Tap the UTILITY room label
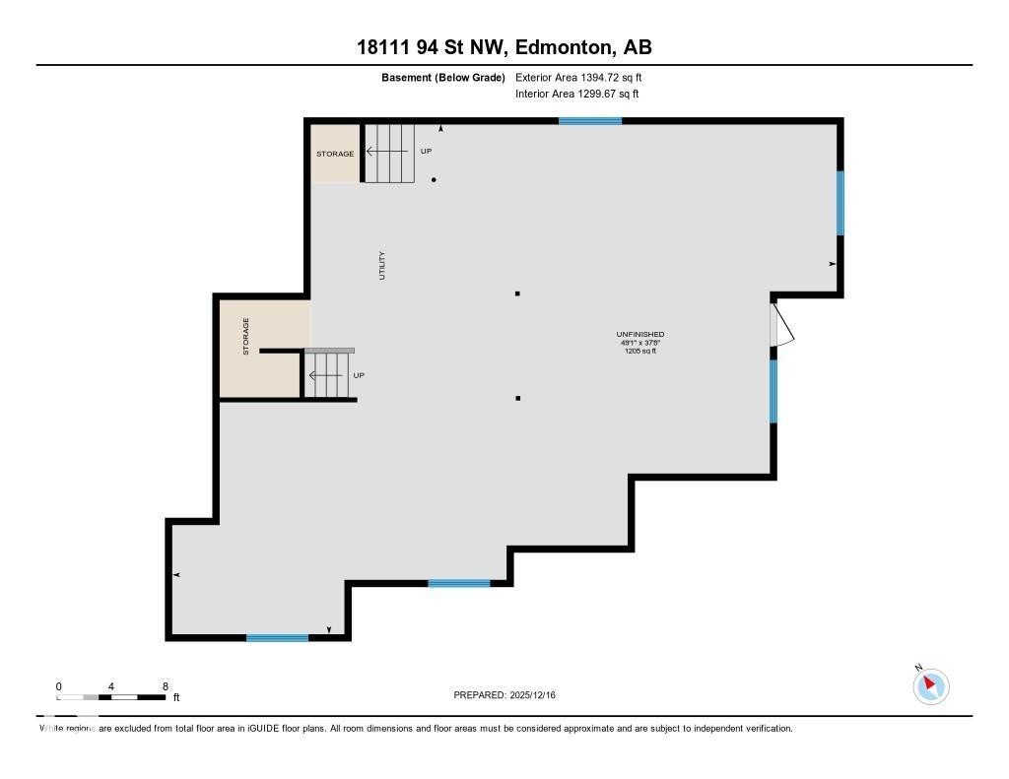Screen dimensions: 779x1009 point(382,266)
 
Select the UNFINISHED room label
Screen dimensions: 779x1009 point(640,334)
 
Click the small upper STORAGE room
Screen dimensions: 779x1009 point(335,154)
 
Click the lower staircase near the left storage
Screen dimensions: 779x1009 point(328,374)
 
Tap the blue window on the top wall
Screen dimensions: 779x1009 point(589,120)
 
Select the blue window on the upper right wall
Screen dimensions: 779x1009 point(840,203)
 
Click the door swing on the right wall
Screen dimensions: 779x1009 point(780,325)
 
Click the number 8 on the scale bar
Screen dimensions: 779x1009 point(166,685)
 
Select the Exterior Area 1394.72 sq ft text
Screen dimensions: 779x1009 point(578,77)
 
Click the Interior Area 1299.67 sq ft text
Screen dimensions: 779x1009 point(576,94)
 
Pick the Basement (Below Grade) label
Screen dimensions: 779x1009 point(442,77)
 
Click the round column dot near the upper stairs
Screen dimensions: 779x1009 point(434,179)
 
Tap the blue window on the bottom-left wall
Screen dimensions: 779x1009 point(277,637)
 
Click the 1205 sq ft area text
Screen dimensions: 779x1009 point(640,351)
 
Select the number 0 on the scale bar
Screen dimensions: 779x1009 point(59,685)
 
